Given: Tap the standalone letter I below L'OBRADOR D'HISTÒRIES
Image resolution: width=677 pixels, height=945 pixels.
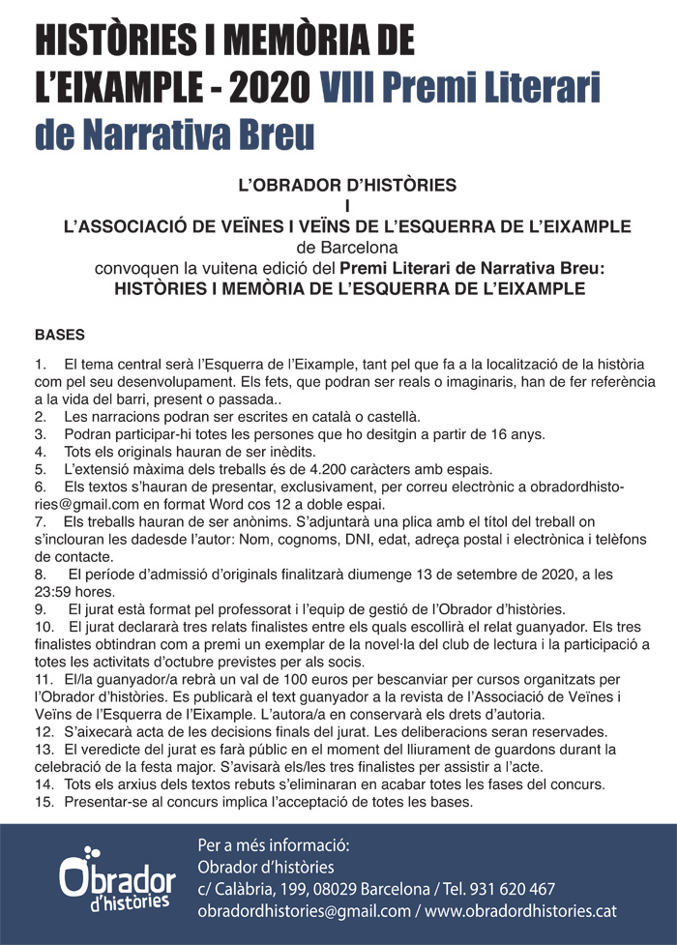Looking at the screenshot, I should [x=346, y=204].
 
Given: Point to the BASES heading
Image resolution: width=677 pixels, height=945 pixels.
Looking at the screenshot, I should [x=60, y=336].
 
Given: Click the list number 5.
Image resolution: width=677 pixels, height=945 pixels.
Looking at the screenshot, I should [x=40, y=469].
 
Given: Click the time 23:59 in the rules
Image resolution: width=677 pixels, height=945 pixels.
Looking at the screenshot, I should [x=54, y=591].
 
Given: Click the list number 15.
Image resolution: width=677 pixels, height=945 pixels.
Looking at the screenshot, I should [x=44, y=802].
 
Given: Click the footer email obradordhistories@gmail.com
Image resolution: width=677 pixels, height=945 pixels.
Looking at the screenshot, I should [x=304, y=911].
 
